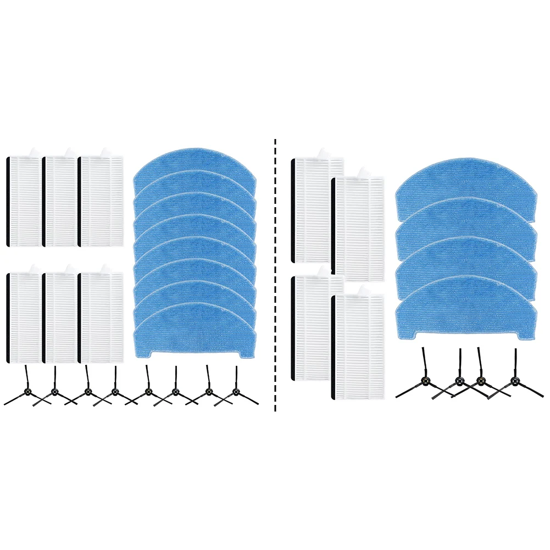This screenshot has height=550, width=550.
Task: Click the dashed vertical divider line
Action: pyautogui.click(x=275, y=275)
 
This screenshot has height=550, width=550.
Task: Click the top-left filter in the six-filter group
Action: pyautogui.click(x=25, y=201)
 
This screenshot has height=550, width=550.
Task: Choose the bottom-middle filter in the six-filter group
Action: pyautogui.click(x=61, y=317)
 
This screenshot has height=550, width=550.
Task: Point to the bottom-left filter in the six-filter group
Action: pyautogui.click(x=25, y=317)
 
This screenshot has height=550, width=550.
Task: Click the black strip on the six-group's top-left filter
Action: pyautogui.click(x=7, y=201)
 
